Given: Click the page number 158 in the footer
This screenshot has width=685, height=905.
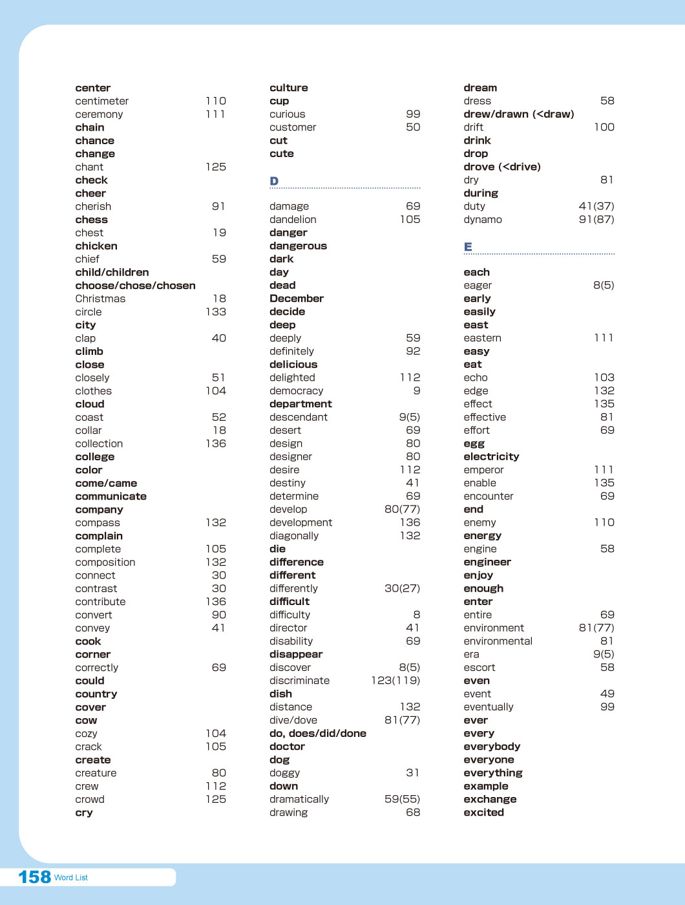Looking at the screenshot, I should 34,877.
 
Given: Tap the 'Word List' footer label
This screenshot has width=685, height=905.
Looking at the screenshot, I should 71,878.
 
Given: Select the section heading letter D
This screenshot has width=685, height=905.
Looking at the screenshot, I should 274,181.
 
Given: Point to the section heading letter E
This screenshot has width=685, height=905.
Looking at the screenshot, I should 468,247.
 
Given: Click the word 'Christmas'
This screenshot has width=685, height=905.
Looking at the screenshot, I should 100,299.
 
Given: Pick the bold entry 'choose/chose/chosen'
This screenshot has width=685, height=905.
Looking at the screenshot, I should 135,286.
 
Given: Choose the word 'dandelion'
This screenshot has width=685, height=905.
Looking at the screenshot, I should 293,220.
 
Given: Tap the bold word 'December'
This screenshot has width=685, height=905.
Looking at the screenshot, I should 297,299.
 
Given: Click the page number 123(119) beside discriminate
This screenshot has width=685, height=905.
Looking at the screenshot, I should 395,681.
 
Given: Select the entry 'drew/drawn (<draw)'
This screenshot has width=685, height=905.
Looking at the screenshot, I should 519,114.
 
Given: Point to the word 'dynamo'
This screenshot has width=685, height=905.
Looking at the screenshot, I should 483,220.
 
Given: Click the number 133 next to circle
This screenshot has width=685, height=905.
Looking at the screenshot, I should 216,312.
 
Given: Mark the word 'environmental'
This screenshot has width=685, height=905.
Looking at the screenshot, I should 498,641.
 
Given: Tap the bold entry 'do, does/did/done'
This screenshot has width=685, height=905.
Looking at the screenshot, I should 318,734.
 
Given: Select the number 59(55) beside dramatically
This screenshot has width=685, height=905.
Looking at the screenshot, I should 402,800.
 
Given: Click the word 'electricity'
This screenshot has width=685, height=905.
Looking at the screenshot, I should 491,456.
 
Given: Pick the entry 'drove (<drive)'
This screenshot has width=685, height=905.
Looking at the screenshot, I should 502,167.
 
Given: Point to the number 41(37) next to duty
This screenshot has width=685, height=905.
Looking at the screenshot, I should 596,206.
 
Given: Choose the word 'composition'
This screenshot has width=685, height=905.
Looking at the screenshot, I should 105,562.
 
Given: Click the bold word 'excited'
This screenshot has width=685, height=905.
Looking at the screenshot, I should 483,813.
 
